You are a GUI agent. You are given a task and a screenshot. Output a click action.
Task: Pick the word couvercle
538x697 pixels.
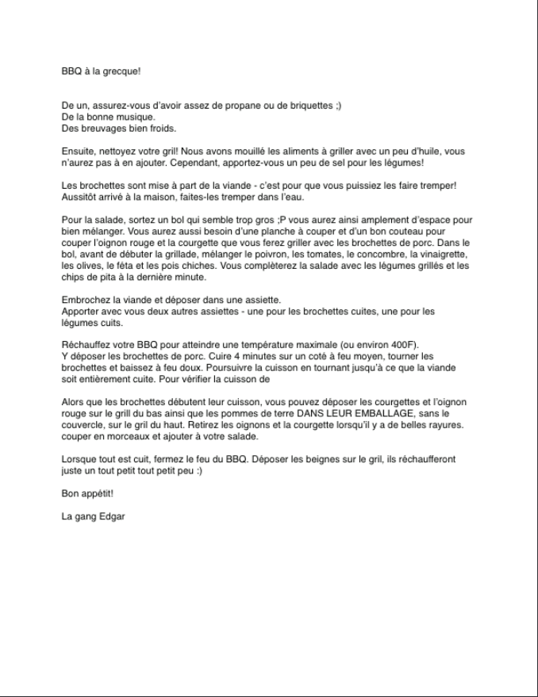[x=85, y=426]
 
